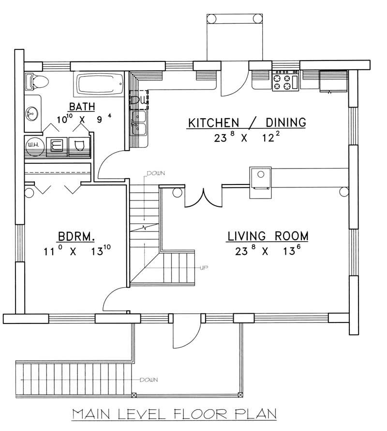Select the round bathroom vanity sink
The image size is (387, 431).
pyautogui.click(x=33, y=114)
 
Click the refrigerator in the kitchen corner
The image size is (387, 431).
pyautogui.click(x=334, y=81)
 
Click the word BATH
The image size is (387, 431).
pyautogui.click(x=81, y=107)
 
